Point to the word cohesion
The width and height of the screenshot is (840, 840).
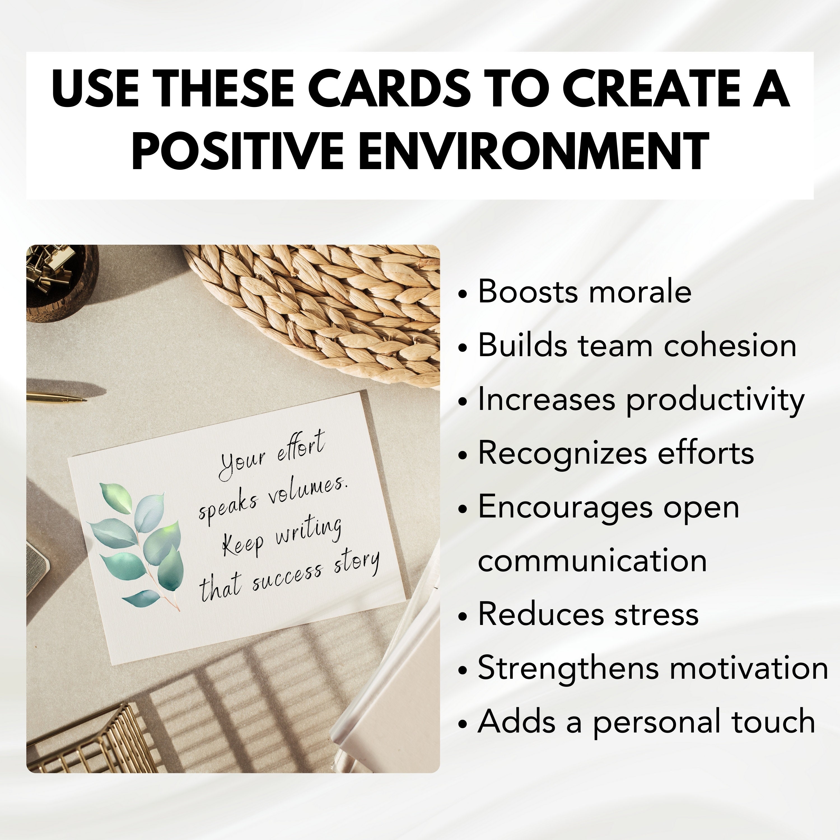pyautogui.click(x=731, y=345)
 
